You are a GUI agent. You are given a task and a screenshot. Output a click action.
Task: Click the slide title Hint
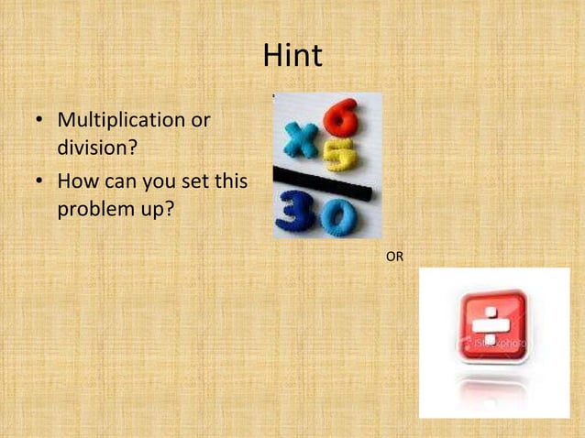(x=292, y=57)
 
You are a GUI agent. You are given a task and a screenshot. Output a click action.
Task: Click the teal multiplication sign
(x=299, y=140)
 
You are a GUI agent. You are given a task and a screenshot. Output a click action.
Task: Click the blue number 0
(x=337, y=216)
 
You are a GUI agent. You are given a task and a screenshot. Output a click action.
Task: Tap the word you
(x=158, y=182)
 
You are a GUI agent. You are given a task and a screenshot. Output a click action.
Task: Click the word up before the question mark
(x=152, y=210)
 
